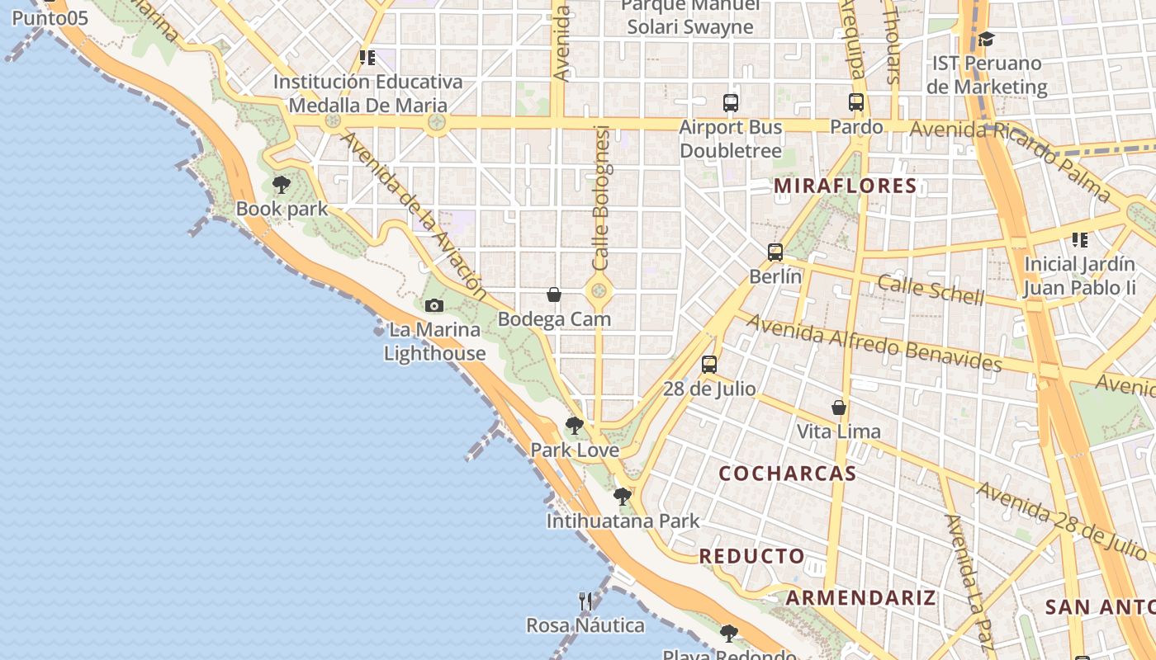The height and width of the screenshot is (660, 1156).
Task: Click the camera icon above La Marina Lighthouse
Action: click(x=433, y=306)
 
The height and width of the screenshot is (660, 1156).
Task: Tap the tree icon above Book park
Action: click(x=281, y=185)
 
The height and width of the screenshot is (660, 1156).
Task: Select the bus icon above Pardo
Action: click(x=856, y=103)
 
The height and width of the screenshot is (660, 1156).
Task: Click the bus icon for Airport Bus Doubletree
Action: click(x=730, y=103)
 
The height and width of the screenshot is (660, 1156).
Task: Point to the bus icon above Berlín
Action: click(x=775, y=252)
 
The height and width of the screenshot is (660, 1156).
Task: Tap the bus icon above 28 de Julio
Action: click(x=708, y=364)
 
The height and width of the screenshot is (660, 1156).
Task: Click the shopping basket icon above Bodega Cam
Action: click(x=554, y=295)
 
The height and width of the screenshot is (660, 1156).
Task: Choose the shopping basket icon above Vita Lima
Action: click(x=838, y=408)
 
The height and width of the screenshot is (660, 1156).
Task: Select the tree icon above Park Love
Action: click(x=574, y=427)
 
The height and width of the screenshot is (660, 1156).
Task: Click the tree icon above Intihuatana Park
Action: click(x=622, y=497)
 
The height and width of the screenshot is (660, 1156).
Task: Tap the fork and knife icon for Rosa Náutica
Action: click(x=585, y=601)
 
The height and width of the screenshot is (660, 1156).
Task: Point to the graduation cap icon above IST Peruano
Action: click(x=986, y=40)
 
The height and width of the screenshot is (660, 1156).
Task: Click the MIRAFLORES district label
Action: click(x=845, y=186)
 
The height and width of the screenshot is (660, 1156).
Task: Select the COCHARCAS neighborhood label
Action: click(x=787, y=474)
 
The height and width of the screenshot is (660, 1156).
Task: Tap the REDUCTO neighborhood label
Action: click(x=751, y=556)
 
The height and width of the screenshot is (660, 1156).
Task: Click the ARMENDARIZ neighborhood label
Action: click(x=861, y=597)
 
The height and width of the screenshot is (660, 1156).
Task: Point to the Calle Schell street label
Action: click(x=931, y=289)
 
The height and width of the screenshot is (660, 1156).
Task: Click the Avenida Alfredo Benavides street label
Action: click(x=874, y=342)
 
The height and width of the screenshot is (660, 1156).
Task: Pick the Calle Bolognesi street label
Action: click(x=601, y=198)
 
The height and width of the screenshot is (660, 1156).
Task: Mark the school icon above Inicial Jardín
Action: click(x=1079, y=240)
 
